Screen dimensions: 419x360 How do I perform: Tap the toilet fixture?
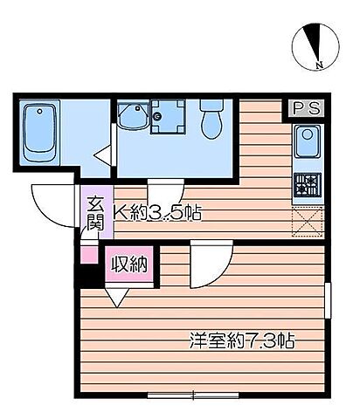click(x=212, y=120)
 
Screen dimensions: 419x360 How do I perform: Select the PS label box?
click(x=306, y=108)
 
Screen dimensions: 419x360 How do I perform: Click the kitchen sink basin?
click(x=307, y=141)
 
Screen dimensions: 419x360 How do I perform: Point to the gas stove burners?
click(x=308, y=183)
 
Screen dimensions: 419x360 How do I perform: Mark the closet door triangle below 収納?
click(x=115, y=295)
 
